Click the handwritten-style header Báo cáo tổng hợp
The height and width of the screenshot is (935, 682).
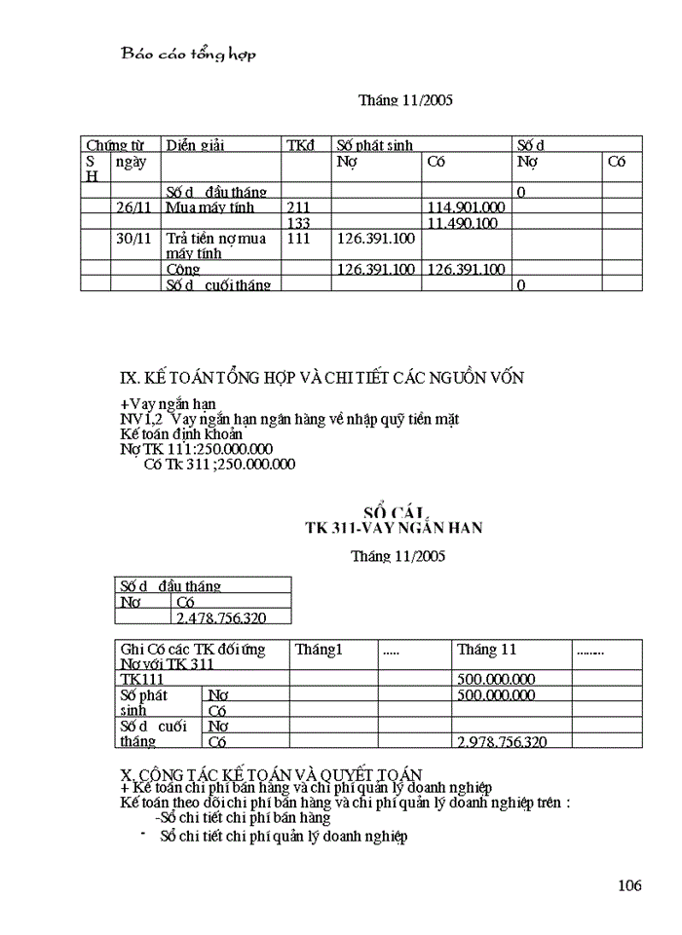point(188,55)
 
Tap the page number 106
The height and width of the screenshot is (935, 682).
point(629,885)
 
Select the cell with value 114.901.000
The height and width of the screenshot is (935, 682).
point(466,207)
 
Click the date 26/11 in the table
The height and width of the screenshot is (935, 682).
point(133,207)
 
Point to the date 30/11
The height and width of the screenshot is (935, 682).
point(133,238)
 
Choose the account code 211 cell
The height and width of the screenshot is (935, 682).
point(298,207)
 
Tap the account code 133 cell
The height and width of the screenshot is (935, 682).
point(298,223)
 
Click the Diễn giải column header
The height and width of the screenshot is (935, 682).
point(195,145)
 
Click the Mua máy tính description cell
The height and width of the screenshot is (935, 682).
point(203,207)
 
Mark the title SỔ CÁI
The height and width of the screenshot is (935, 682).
point(395,512)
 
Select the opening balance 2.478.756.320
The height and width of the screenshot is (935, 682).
point(220,617)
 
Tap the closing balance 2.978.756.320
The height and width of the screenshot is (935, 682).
point(501,741)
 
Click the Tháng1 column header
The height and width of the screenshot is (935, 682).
point(321,650)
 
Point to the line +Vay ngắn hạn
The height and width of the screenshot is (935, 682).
point(168,403)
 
